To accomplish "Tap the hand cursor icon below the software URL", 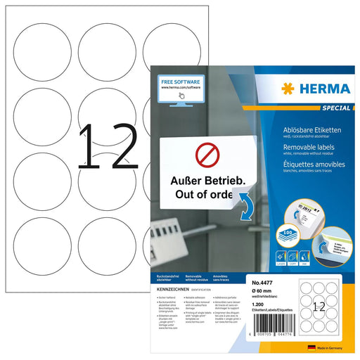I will pos(181,97).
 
